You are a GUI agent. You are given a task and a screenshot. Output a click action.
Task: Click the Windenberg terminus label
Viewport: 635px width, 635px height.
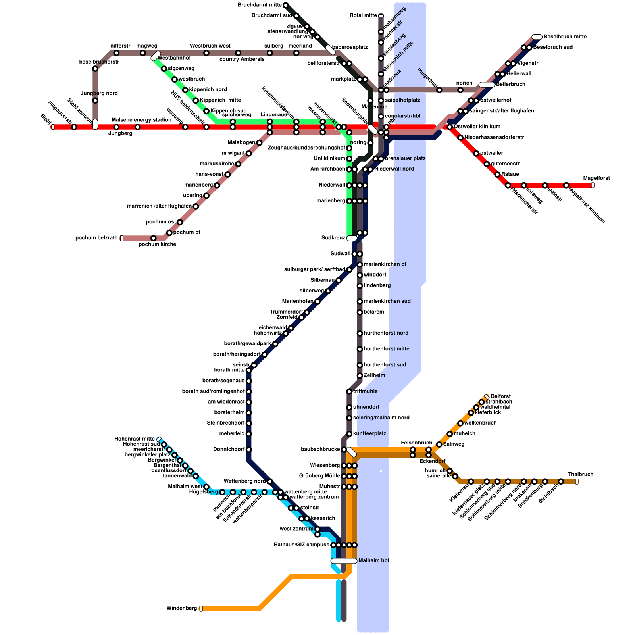tap(181, 608)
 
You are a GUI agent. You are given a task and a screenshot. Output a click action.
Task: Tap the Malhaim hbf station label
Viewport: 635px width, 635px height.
tap(373, 561)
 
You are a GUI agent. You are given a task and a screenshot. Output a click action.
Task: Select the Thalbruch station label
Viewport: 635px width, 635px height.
tap(581, 475)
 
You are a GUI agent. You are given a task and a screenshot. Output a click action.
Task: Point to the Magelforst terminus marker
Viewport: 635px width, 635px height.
tap(593, 185)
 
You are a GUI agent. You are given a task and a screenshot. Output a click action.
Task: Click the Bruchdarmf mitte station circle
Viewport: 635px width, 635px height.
tap(285, 5)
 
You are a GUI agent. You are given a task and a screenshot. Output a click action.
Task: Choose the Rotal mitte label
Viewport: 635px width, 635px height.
tap(363, 16)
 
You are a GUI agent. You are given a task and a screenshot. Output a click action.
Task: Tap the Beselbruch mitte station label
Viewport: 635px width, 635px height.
tap(565, 37)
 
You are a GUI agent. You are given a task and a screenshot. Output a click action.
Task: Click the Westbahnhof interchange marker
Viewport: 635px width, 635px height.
tap(156, 56)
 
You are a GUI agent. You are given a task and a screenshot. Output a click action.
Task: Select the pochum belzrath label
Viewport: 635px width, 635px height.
tap(96, 238)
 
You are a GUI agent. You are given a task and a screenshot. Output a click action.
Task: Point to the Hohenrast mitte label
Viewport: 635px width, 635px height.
tap(135, 439)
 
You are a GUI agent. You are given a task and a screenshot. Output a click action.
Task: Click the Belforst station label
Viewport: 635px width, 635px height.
tap(500, 396)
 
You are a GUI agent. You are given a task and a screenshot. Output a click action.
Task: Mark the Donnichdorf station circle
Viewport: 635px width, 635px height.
tap(248, 450)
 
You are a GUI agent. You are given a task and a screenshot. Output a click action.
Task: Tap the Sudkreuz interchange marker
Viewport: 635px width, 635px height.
tap(352, 238)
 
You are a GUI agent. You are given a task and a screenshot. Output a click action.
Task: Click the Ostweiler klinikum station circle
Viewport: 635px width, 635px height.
tap(450, 127)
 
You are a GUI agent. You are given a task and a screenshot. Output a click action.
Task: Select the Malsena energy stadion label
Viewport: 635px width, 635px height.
tap(141, 120)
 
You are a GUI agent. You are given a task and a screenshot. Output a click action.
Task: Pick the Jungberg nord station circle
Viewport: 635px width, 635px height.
tap(95, 100)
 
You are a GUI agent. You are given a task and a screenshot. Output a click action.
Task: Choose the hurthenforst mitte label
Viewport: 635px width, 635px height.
tap(386, 349)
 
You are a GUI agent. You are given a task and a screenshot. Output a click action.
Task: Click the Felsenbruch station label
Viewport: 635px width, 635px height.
tap(416, 443)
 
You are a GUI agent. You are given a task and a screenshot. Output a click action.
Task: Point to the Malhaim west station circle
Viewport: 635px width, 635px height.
tap(206, 487)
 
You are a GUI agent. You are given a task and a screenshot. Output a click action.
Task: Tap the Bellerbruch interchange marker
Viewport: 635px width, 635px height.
tap(487, 85)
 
